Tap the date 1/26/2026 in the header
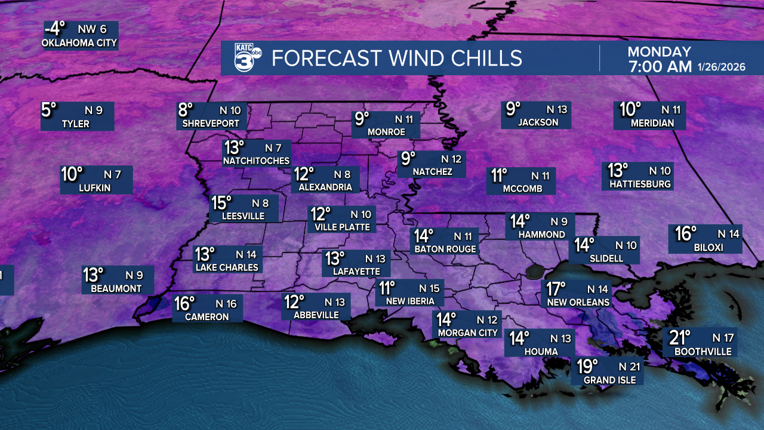click(721, 67)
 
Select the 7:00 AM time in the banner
click(660, 67)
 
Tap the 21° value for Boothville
click(679, 338)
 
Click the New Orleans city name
click(578, 302)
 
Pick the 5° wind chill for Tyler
click(49, 110)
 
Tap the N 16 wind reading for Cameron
click(224, 304)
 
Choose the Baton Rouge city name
click(445, 249)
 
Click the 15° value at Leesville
click(220, 203)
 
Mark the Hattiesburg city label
click(640, 185)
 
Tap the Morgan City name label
click(467, 333)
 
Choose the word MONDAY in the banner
click(659, 52)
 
